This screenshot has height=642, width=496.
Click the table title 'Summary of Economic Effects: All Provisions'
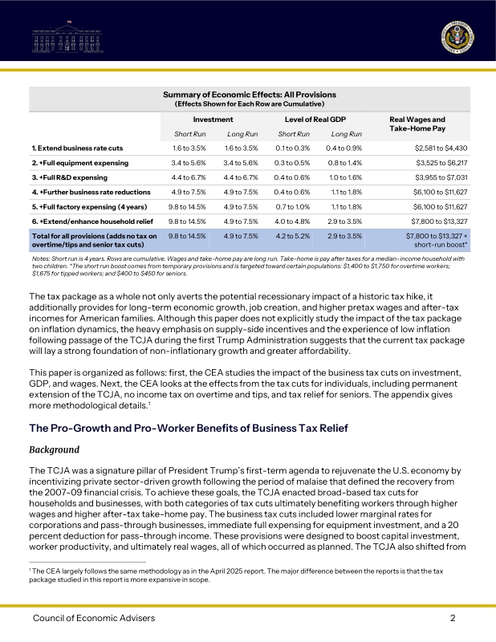tap(249, 95)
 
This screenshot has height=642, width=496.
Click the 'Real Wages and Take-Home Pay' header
tap(417, 124)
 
